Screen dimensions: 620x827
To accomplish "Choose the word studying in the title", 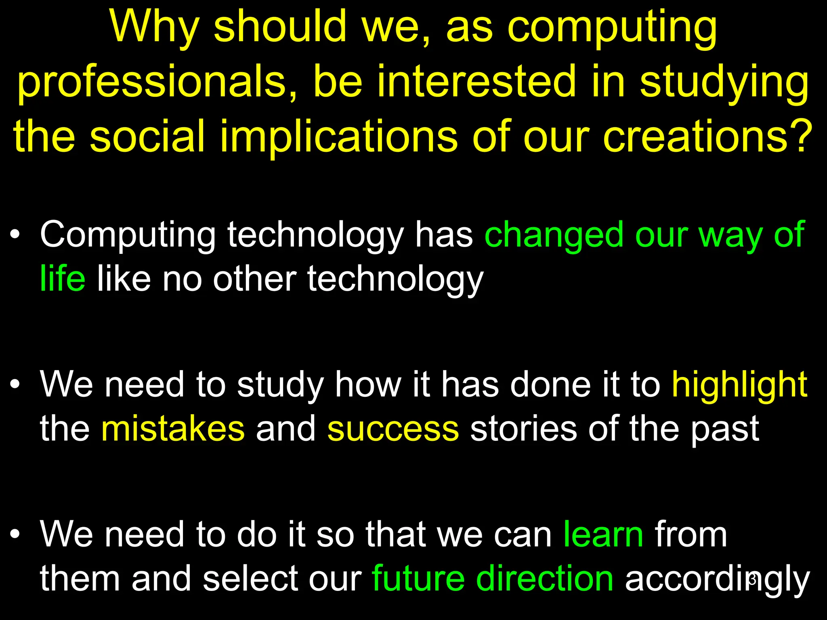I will (724, 83).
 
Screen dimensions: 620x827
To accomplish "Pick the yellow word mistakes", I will (173, 429).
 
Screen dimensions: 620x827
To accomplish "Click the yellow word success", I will (393, 429).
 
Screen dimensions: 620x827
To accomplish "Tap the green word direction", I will (544, 579).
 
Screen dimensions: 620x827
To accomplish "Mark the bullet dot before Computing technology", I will (15, 235).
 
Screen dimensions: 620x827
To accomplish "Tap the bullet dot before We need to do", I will (15, 534).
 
